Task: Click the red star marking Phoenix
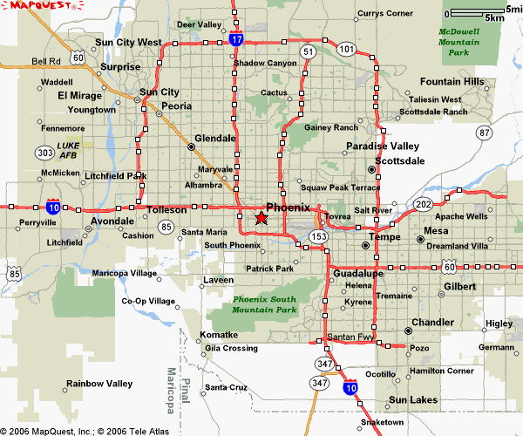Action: point(261,217)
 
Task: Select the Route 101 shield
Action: point(347,49)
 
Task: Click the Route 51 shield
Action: point(308,52)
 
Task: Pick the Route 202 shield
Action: point(424,204)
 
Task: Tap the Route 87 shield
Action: point(484,132)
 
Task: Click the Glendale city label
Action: point(215,138)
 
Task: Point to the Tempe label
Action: point(384,236)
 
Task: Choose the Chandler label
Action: point(433,322)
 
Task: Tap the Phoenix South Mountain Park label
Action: point(264,304)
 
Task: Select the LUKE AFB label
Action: point(67,150)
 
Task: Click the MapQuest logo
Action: point(33,7)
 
